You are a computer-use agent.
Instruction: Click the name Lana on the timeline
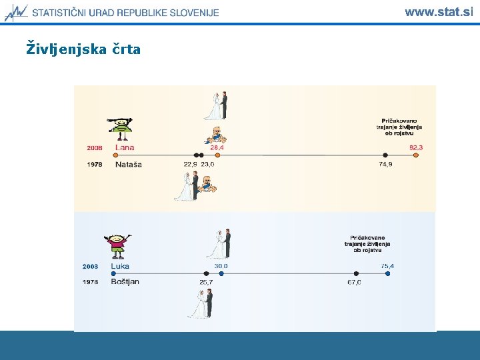coord(125,147)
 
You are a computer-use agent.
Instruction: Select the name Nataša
coord(129,164)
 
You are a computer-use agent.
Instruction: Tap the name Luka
coord(120,266)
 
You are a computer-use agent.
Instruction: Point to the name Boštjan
coord(125,282)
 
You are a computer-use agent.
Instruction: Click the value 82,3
coord(416,147)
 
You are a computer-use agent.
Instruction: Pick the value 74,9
coord(385,164)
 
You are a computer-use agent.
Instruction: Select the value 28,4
coord(217,147)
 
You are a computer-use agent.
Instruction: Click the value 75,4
coord(387,266)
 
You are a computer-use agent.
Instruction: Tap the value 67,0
coord(354,283)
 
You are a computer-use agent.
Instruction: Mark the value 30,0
coord(221,266)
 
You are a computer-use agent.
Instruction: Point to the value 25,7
coord(205,283)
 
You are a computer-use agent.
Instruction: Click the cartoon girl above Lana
coord(121,127)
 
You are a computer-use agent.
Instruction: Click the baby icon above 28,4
coord(215,134)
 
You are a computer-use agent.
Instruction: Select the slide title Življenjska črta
coord(83,49)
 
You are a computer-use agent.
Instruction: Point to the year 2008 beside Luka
coord(90,266)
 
